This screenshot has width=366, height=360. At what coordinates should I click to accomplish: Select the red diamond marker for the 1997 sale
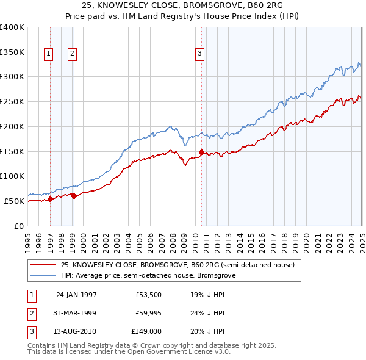tap(51, 199)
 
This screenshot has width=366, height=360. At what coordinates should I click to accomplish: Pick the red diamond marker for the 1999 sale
tap(74, 196)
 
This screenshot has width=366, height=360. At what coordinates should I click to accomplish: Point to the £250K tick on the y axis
tap(12, 102)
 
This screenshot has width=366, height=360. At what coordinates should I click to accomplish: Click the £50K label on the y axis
tap(14, 201)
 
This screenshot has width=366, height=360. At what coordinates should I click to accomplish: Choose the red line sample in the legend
tap(43, 265)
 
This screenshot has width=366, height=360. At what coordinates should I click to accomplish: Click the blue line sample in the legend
tap(43, 275)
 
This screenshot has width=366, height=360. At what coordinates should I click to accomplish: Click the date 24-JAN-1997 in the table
tap(76, 294)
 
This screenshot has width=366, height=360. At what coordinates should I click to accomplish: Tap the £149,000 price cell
tap(146, 332)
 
